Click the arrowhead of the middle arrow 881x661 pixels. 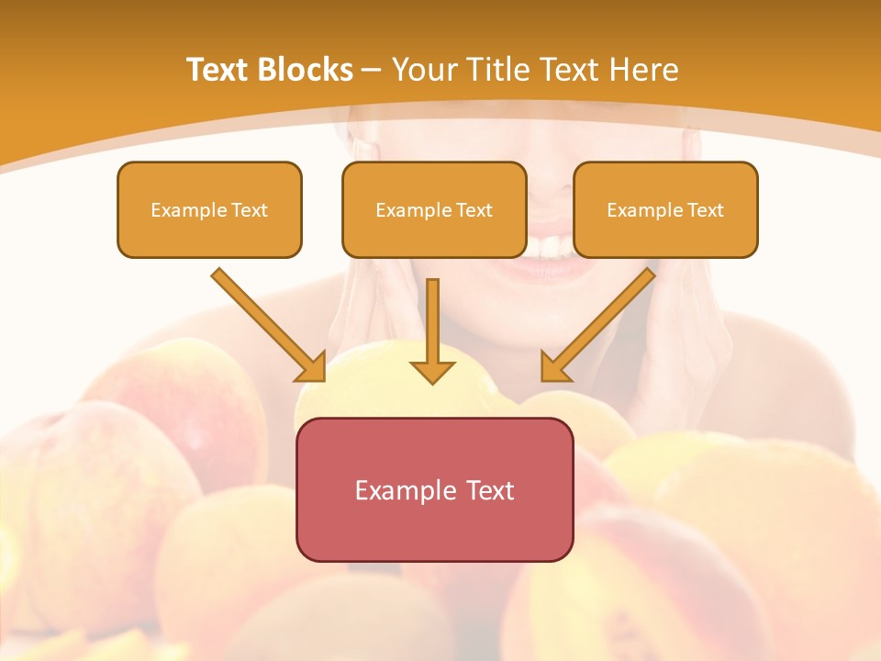(432, 372)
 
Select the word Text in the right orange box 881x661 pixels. (705, 210)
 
